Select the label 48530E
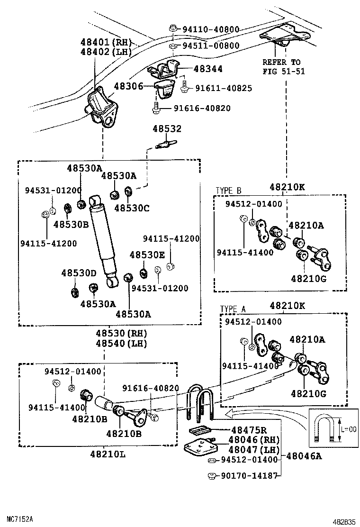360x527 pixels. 147,254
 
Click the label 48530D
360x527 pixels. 78,273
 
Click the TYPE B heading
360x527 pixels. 228,191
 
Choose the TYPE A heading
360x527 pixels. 233,309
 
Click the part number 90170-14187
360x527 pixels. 249,476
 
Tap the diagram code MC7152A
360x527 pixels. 20,519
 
